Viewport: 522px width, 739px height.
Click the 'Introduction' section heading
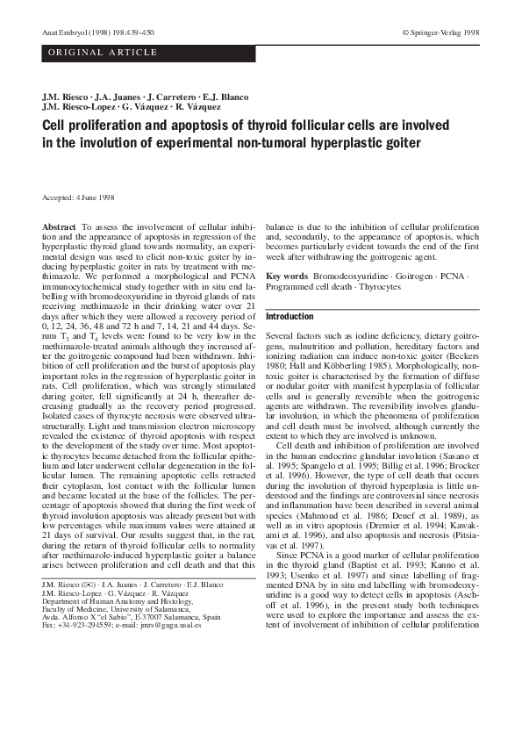[289, 317]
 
